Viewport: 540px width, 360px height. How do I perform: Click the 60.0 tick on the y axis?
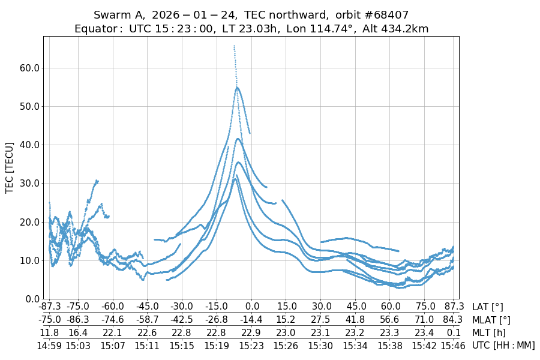[x=29, y=68]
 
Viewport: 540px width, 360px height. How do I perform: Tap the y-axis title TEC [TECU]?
[x=10, y=167]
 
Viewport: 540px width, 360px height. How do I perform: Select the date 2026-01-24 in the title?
[x=183, y=14]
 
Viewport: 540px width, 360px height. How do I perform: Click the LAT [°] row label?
[x=487, y=307]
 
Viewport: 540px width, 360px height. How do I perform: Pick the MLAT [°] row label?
[x=491, y=320]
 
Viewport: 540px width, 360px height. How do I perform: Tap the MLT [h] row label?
[x=489, y=332]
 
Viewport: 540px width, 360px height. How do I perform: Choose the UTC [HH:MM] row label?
[x=503, y=345]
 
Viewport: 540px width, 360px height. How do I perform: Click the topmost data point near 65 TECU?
[x=234, y=46]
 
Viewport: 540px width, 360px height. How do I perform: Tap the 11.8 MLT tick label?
[x=49, y=332]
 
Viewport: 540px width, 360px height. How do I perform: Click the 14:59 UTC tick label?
[x=49, y=345]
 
